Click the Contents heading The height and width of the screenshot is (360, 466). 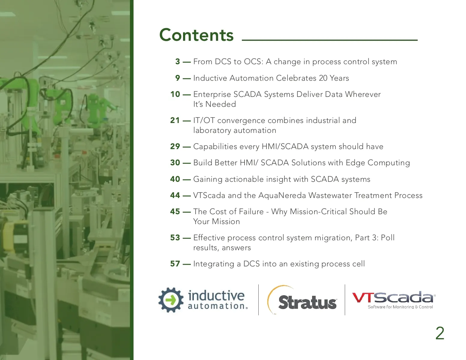click(x=196, y=35)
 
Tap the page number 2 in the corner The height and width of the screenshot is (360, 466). click(x=440, y=333)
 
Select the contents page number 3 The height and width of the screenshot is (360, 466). click(x=178, y=61)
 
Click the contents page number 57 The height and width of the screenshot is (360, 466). click(x=175, y=264)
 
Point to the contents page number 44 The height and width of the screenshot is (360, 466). click(x=175, y=195)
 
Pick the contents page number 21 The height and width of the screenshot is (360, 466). click(x=175, y=120)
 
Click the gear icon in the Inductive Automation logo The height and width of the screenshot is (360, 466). click(x=171, y=300)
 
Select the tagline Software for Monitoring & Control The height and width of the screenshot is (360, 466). click(x=400, y=307)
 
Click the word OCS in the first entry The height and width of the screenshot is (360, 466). click(x=252, y=61)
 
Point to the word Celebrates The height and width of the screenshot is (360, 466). click(x=296, y=78)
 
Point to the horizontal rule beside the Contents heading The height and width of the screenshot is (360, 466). click(x=329, y=40)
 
